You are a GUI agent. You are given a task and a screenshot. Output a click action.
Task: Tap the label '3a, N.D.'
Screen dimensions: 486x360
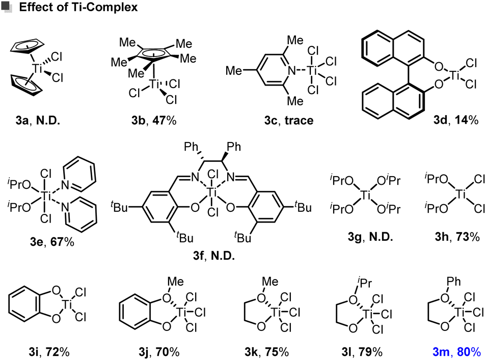38,120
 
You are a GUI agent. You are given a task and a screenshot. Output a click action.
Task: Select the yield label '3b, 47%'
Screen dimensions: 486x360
154,120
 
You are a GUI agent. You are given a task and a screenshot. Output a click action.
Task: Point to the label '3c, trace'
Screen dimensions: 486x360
289,120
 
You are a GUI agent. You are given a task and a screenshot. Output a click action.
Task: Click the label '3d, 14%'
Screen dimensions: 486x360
456,120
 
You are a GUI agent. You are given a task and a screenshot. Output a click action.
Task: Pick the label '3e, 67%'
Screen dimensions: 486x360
52,242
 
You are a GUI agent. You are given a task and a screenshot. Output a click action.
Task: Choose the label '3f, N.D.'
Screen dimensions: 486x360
214,256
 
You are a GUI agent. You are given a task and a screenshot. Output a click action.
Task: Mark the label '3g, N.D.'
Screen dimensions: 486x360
370,237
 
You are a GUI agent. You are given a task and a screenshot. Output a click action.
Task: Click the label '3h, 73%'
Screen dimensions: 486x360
457,237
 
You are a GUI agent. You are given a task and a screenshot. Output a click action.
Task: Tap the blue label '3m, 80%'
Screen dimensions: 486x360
456,352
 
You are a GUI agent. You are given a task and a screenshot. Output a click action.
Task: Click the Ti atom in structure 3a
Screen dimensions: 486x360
38,68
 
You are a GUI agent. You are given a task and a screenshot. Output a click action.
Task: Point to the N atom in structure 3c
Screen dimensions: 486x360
291,71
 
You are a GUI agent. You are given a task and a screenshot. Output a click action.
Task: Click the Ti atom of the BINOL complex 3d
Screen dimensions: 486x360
454,75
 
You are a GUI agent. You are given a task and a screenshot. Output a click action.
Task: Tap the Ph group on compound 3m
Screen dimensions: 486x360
453,282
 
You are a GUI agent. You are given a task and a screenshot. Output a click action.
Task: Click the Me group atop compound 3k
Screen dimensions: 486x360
270,282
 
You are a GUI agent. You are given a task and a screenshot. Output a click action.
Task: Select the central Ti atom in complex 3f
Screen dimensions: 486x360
212,192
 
